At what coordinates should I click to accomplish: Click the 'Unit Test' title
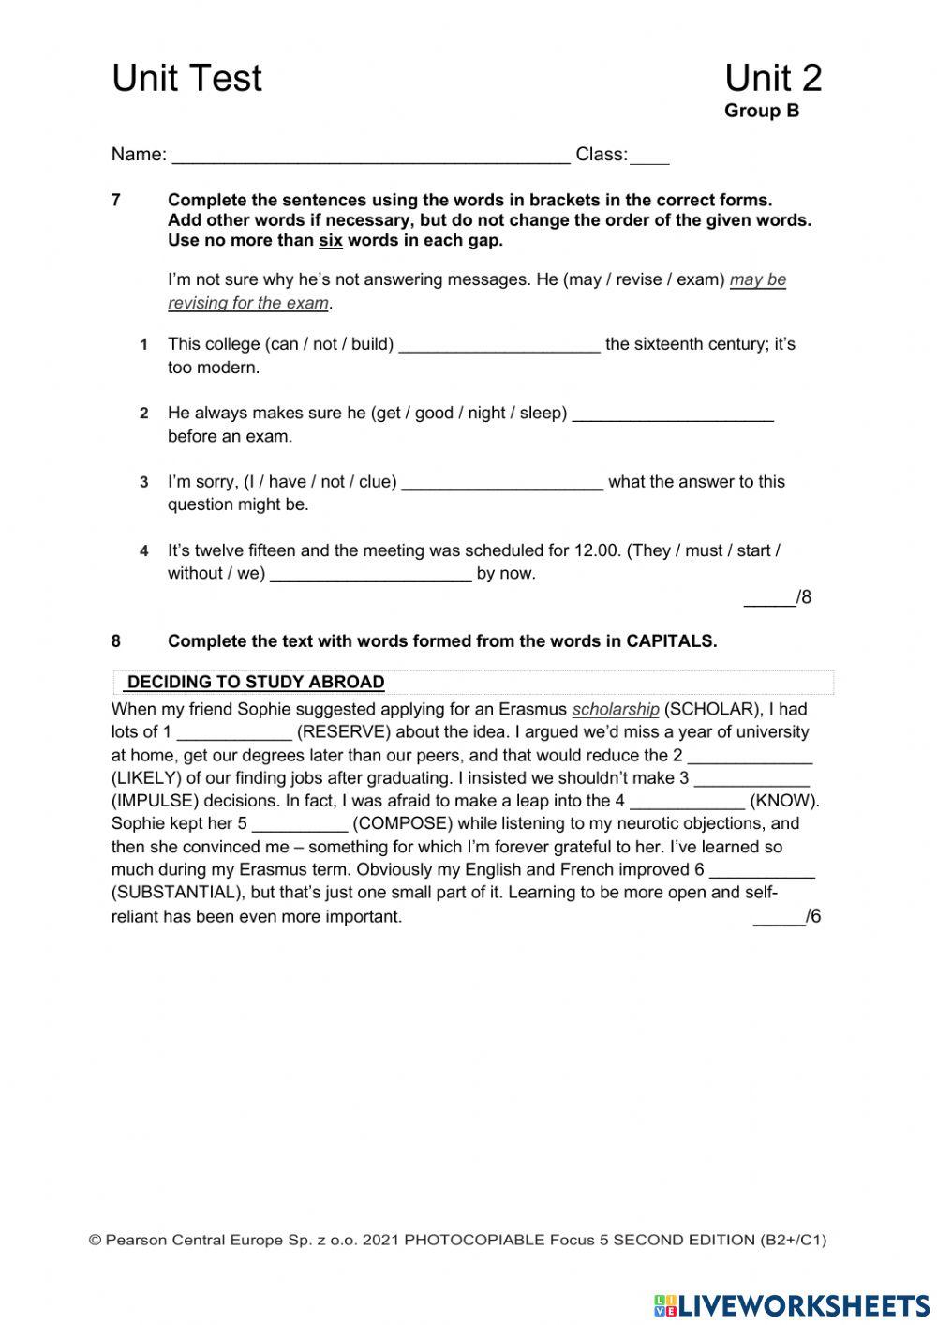(186, 79)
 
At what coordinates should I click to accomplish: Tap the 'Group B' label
(761, 112)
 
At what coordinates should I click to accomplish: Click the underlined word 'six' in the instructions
(331, 241)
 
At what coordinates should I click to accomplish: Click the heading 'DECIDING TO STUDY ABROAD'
(256, 683)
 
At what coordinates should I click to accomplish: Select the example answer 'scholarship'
(616, 710)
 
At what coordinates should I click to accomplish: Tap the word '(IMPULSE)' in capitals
(156, 802)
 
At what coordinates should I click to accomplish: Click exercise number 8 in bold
(116, 641)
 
